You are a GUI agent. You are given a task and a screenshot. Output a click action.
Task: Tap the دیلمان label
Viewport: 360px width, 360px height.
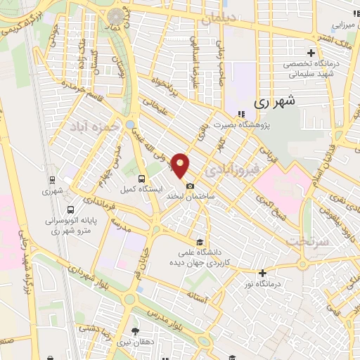[x=216, y=20]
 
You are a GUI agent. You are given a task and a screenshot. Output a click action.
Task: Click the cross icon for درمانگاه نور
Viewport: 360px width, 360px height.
[x=263, y=273]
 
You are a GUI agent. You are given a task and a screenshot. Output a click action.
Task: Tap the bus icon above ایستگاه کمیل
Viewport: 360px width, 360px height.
[x=142, y=179]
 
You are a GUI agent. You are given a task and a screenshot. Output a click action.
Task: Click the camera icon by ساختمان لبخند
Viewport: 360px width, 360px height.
[x=190, y=185]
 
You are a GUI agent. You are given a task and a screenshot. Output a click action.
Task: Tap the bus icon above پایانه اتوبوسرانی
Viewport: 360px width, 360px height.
[x=70, y=209]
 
